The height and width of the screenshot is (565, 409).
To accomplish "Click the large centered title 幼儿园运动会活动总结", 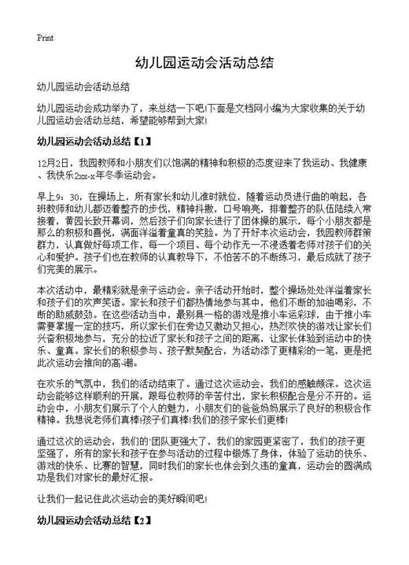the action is (204, 63).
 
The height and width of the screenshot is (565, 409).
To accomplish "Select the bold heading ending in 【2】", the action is (93, 520).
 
